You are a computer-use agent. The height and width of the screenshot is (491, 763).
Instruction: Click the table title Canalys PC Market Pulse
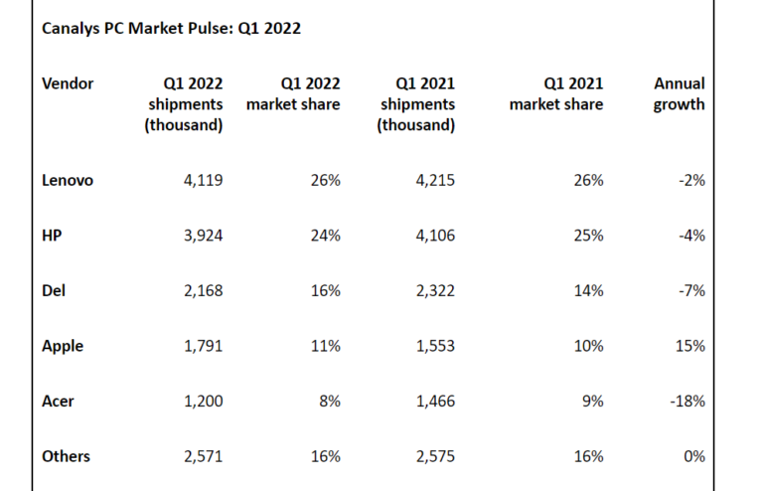tap(171, 29)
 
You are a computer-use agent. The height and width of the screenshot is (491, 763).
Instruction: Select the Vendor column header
tap(68, 83)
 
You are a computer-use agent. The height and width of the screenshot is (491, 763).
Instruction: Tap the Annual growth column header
tap(680, 94)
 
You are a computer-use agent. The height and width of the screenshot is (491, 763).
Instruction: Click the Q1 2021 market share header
tap(556, 94)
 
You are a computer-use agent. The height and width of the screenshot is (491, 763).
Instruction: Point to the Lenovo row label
tap(68, 181)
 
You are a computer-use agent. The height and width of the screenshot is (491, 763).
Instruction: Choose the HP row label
tap(53, 236)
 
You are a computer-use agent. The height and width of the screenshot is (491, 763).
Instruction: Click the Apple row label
tap(63, 346)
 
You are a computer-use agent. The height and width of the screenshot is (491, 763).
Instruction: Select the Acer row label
tap(59, 402)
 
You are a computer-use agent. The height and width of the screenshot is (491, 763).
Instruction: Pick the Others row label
tap(67, 456)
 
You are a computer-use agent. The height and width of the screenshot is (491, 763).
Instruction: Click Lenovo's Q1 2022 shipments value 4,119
tap(202, 181)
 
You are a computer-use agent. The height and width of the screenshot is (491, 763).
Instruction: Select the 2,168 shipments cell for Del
tap(202, 291)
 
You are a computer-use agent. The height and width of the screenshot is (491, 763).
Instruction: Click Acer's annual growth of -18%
tap(687, 402)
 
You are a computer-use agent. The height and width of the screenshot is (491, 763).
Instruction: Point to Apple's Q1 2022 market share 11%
tap(325, 346)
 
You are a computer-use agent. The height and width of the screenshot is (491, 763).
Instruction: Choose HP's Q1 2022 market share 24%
tap(325, 236)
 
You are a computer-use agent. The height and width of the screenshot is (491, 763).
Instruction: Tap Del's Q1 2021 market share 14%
tap(587, 291)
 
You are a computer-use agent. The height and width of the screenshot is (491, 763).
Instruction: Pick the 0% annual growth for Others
tap(694, 456)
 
